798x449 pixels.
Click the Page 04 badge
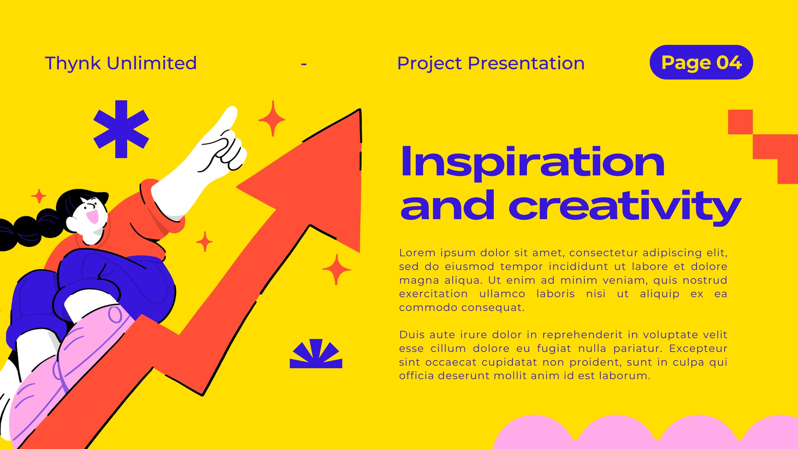coord(701,62)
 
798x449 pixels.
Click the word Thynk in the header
coord(73,63)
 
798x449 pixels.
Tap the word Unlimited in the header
coord(152,63)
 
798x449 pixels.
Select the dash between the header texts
coord(304,64)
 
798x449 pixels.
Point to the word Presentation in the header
coord(526,63)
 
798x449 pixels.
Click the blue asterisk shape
coord(121,129)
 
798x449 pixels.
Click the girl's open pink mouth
coord(93,217)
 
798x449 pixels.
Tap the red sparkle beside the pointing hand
coord(272,119)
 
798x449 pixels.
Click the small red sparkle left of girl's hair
coord(38,196)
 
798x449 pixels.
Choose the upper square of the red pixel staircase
coord(740,122)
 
